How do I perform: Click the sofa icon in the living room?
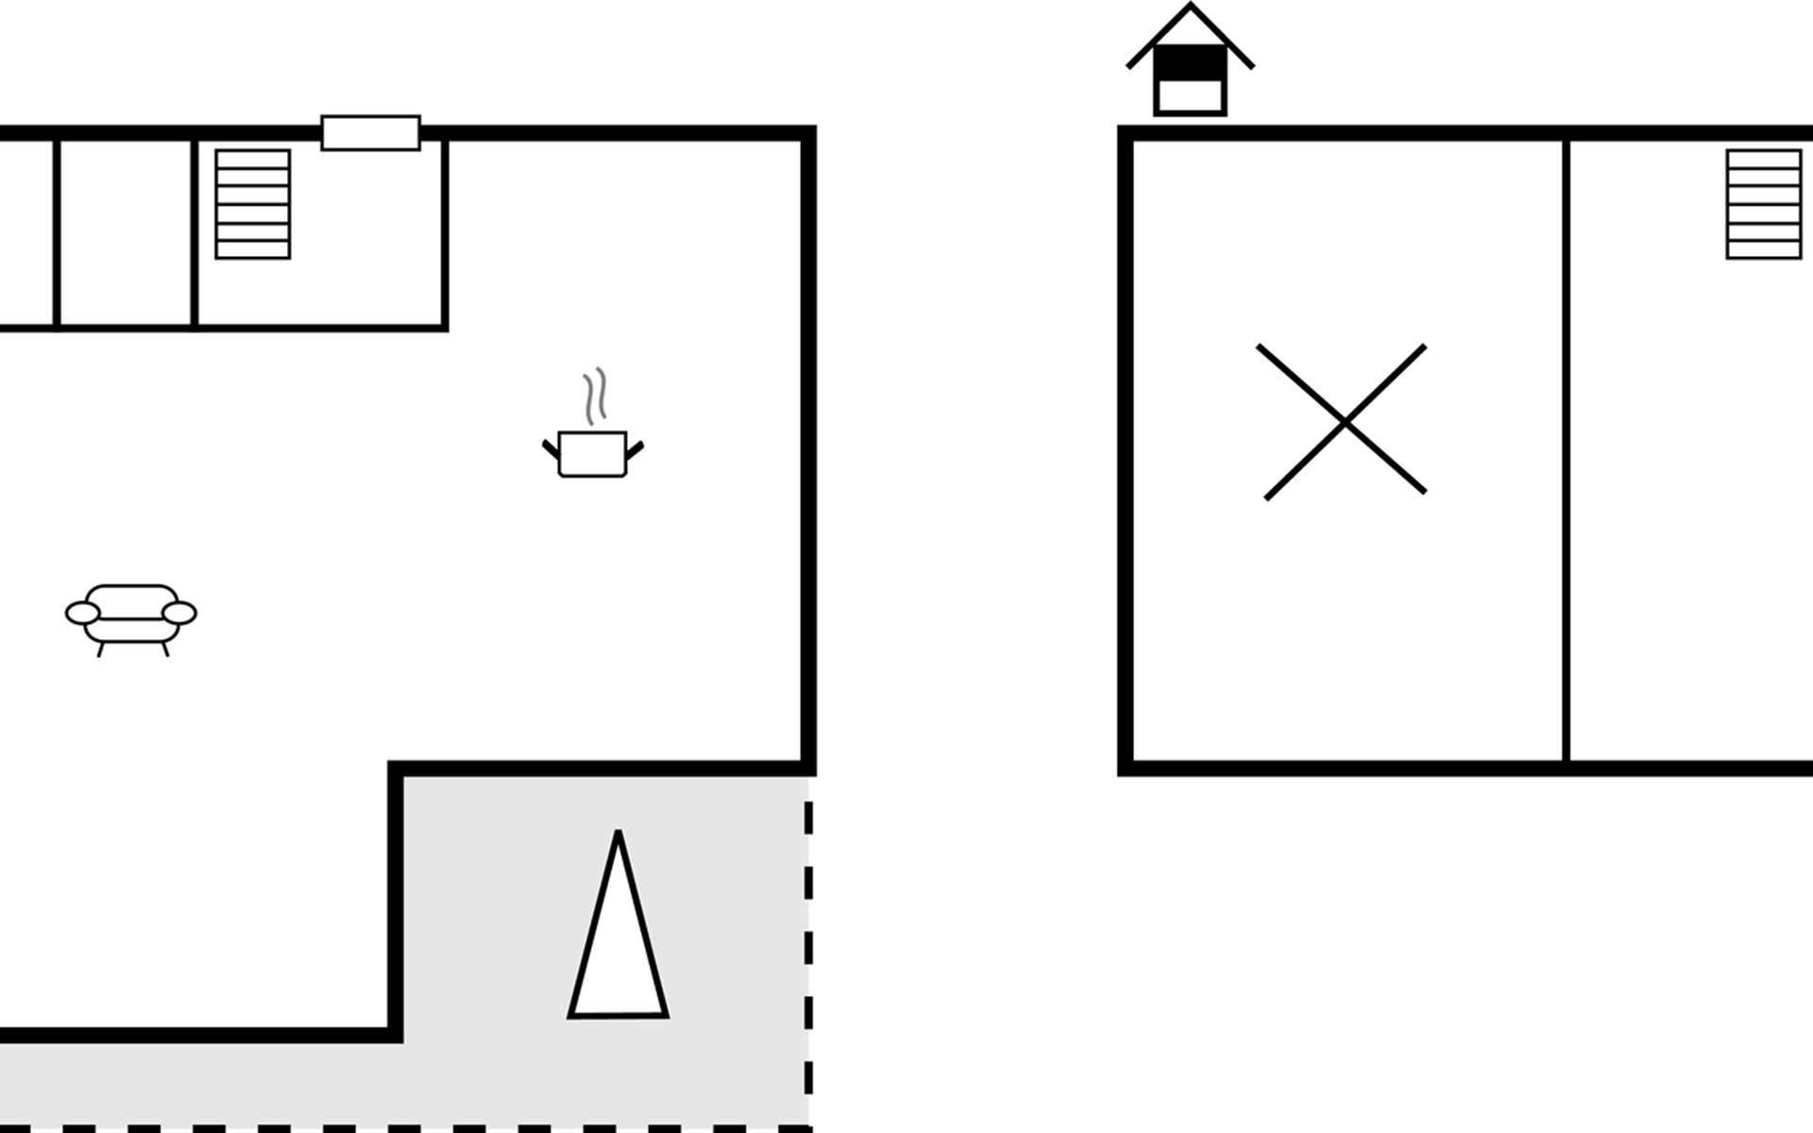[131, 616]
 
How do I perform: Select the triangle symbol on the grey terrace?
[618, 944]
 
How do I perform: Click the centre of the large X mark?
[1345, 422]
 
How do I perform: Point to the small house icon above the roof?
[1190, 62]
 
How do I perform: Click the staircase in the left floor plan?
[252, 204]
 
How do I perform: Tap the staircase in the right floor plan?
[1763, 204]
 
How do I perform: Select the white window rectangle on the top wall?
[370, 133]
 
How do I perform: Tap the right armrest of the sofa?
[179, 614]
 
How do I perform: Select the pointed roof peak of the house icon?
[1190, 8]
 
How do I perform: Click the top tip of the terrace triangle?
[618, 835]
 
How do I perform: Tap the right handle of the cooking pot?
[635, 449]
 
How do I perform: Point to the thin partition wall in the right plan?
[1566, 453]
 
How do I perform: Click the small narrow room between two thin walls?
[126, 232]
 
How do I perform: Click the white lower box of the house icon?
[1190, 95]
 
